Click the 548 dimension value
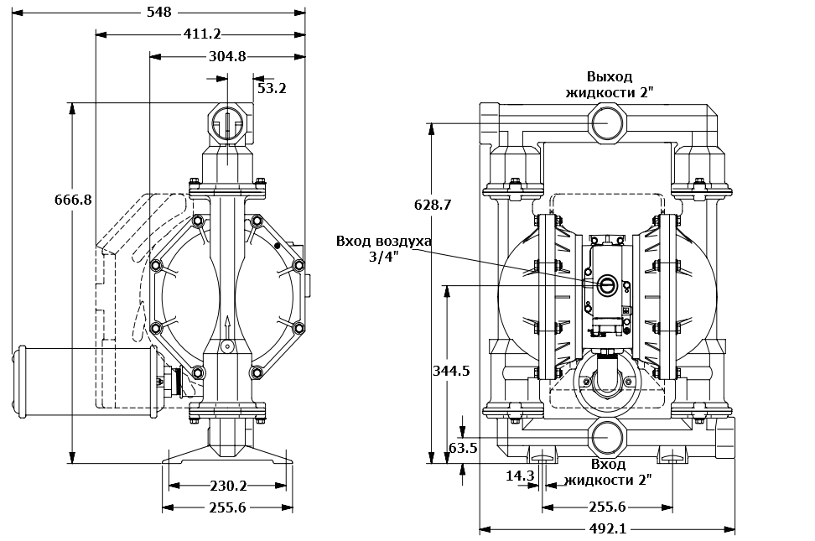tap(158, 12)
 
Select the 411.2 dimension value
tap(201, 34)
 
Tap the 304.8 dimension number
tap(226, 56)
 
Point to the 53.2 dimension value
tap(272, 87)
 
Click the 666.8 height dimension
tap(73, 200)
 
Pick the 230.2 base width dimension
tap(227, 486)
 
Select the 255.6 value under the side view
tap(227, 507)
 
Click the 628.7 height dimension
tap(433, 204)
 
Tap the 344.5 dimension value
tap(450, 370)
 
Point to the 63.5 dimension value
tap(462, 448)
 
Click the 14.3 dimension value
tap(520, 476)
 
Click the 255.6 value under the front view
tap(607, 507)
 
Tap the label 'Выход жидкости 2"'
tap(609, 84)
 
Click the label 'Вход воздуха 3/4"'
tap(383, 248)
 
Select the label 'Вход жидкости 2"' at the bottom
tap(608, 471)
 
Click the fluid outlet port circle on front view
tap(607, 124)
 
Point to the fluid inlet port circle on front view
tap(607, 439)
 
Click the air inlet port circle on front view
tap(605, 285)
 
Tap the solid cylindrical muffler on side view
tap(84, 380)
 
